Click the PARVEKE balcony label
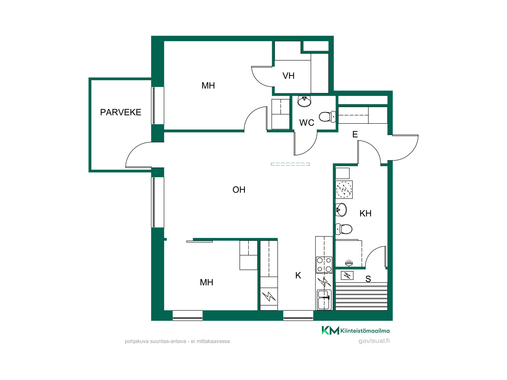121,112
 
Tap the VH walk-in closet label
288,76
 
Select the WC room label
307,123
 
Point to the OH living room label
239,190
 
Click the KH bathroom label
365,214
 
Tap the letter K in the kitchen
298,275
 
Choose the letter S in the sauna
368,279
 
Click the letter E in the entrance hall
355,134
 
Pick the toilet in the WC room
328,117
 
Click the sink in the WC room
304,101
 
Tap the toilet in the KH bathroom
344,229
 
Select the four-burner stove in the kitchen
324,265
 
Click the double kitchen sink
324,300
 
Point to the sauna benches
361,296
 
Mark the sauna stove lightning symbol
347,275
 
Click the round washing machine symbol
344,189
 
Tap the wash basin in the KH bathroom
341,210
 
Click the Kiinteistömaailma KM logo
330,330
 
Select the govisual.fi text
374,341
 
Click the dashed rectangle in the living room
290,164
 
